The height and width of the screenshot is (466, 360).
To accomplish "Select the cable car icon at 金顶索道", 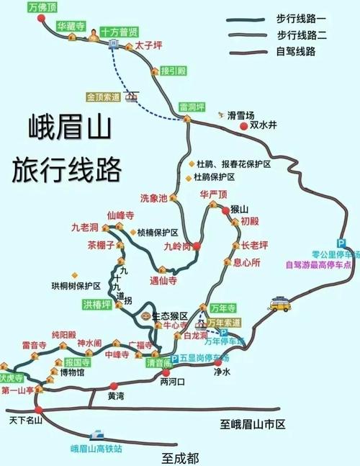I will pyautogui.click(x=131, y=96).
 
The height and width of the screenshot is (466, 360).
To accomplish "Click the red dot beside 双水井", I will pyautogui.click(x=244, y=126).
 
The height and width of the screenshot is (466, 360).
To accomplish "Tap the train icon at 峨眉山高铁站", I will pyautogui.click(x=96, y=436).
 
